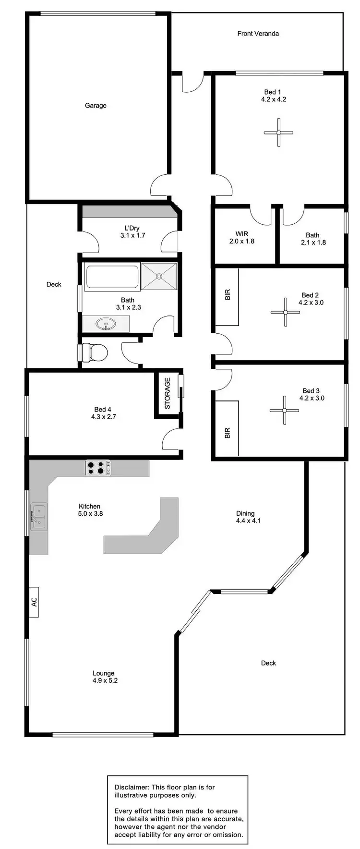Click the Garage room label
(x=96, y=106)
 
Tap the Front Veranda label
(x=258, y=34)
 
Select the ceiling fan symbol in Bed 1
(x=278, y=132)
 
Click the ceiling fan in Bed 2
(x=285, y=312)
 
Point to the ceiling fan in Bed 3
(x=284, y=410)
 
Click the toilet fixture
(x=96, y=352)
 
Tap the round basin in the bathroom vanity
(x=105, y=325)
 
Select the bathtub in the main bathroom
(x=112, y=277)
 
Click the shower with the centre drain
(x=159, y=276)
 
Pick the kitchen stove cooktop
(x=98, y=468)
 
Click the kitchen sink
(x=38, y=516)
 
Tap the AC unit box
(x=34, y=602)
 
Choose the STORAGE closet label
(x=168, y=393)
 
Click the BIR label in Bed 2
(x=228, y=294)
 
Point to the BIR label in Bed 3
(x=228, y=433)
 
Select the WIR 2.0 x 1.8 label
(x=241, y=238)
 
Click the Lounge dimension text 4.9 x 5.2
(x=105, y=680)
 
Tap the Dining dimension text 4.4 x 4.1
(x=248, y=521)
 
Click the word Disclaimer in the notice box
(x=132, y=787)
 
